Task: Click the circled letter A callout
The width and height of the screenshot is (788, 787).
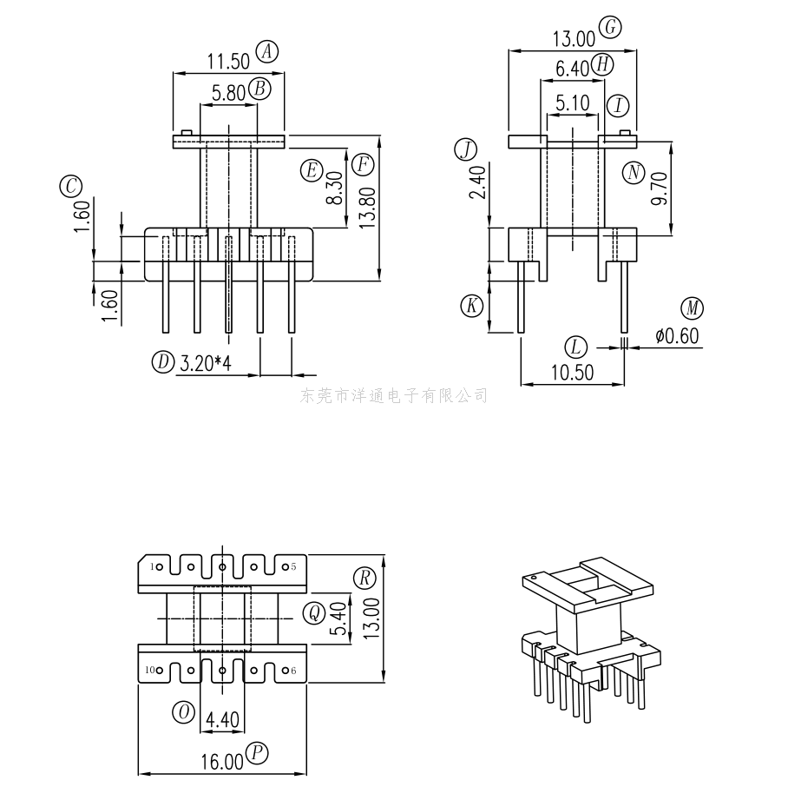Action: point(267,51)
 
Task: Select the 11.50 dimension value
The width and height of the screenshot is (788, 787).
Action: point(228,61)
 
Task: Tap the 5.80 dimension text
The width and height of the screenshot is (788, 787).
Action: point(228,93)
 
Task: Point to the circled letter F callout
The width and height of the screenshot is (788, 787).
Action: point(364,163)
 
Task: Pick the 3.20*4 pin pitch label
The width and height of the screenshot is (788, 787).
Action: point(206,363)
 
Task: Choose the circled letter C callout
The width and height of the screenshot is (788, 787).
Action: point(70,185)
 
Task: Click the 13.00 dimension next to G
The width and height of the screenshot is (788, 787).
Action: point(575,38)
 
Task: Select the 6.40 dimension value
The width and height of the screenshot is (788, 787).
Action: point(573,68)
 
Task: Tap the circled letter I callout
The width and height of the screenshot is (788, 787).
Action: point(617,106)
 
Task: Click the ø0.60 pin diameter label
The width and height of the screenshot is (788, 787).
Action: point(677,335)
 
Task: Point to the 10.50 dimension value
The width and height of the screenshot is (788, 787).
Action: point(573,373)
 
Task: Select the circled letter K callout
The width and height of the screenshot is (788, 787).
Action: point(471,306)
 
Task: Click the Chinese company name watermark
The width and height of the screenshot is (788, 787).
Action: point(393,396)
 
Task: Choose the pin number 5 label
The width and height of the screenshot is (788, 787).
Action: point(293,566)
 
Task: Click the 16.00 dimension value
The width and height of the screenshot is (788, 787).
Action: point(222,763)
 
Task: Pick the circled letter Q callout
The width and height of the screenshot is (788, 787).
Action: point(313,613)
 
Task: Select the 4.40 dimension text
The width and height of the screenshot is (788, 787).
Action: point(222,721)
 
